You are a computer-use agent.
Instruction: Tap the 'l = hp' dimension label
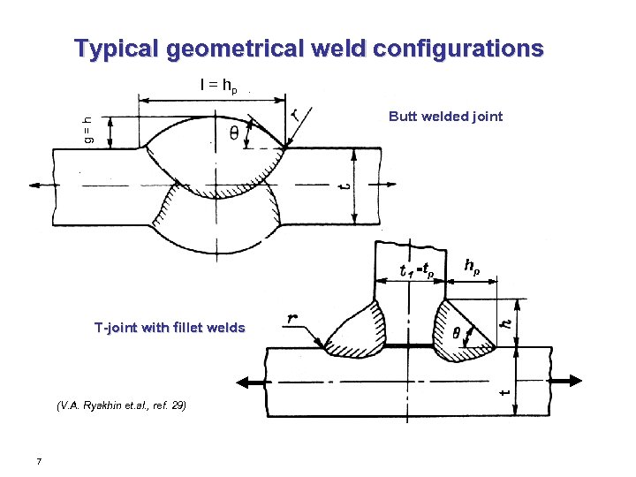[x=217, y=86]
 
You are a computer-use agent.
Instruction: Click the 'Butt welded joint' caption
[x=445, y=116]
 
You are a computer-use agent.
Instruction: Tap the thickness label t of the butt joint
[x=345, y=185]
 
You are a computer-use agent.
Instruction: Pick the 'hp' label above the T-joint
[x=473, y=264]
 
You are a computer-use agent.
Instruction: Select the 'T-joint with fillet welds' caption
[x=170, y=328]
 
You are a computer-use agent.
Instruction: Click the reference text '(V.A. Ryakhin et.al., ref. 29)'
[x=120, y=406]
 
